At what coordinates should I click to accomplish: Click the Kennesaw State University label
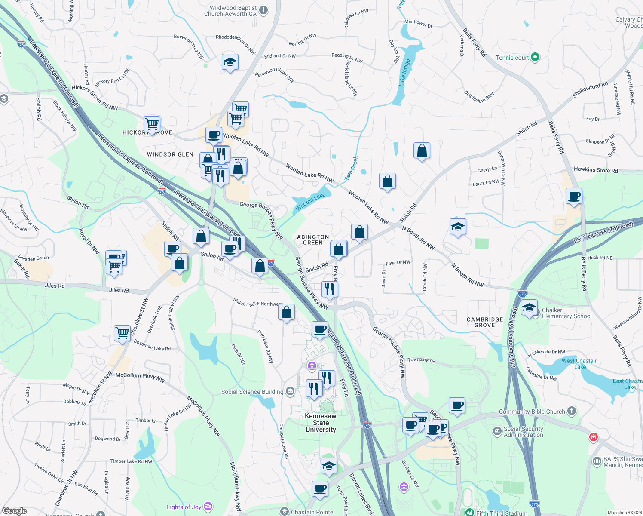click(321, 423)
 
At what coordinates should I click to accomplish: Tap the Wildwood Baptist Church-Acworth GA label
click(230, 11)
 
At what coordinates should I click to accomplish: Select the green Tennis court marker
click(535, 57)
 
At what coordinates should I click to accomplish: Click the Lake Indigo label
click(404, 72)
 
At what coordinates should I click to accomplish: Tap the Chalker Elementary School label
click(566, 313)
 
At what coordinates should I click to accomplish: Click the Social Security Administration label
click(523, 432)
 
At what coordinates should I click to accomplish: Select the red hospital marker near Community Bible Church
click(594, 437)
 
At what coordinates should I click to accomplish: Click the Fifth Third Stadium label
click(501, 513)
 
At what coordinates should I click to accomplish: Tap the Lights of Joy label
click(184, 507)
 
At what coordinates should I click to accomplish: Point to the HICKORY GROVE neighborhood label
click(147, 132)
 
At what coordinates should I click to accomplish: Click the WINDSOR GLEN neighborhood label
click(170, 154)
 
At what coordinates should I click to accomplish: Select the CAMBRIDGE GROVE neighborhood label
click(485, 322)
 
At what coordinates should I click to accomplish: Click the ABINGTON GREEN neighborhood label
click(313, 240)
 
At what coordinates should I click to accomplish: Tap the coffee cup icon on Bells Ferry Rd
click(574, 196)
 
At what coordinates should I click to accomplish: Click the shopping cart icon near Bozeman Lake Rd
click(122, 333)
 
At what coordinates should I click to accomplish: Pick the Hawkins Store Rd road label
click(596, 170)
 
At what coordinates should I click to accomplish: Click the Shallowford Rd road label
click(590, 89)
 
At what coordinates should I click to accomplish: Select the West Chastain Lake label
click(579, 364)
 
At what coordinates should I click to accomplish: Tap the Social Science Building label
click(252, 392)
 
